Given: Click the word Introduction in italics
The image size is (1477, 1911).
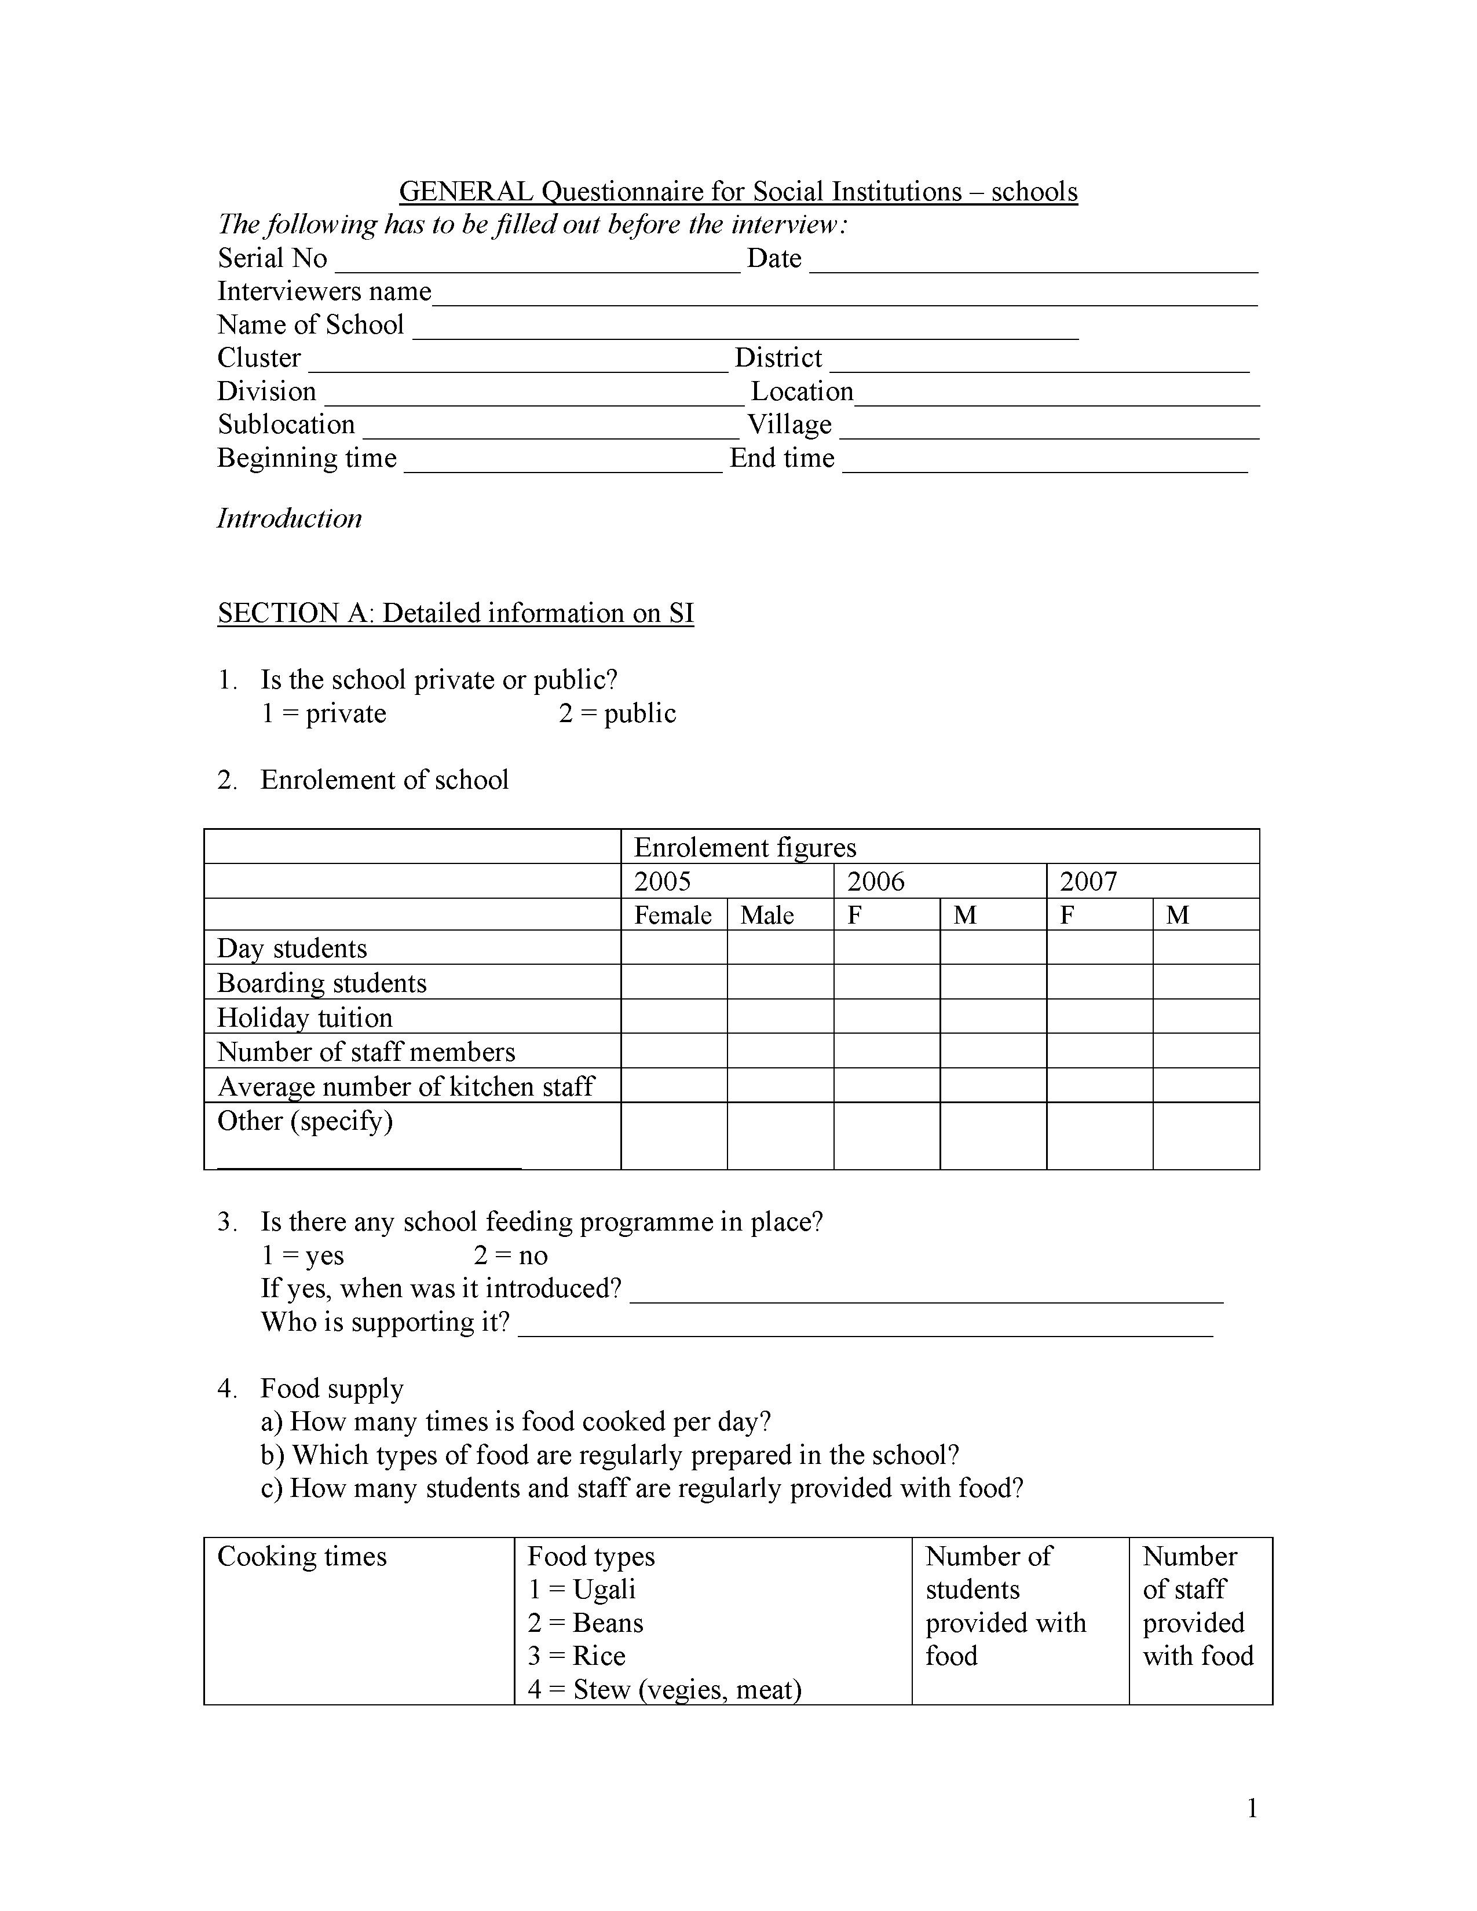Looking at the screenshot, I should (289, 518).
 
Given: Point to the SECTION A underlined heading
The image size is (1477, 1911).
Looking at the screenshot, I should (455, 613).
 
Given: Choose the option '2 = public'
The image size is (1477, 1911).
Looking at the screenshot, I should (617, 713).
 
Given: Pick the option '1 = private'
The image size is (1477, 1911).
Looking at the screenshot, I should (324, 713).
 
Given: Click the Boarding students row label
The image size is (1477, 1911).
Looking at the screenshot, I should (321, 983).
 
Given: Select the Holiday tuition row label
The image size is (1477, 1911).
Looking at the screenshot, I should (305, 1017).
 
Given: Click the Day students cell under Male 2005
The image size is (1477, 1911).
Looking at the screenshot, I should (780, 947).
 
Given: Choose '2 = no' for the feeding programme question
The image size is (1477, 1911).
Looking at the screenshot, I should (510, 1255).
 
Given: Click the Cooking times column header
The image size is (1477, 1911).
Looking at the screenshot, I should (301, 1556).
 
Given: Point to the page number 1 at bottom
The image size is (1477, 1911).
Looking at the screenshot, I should (1251, 1808).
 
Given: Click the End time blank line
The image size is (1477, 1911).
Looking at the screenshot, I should (1044, 466).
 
